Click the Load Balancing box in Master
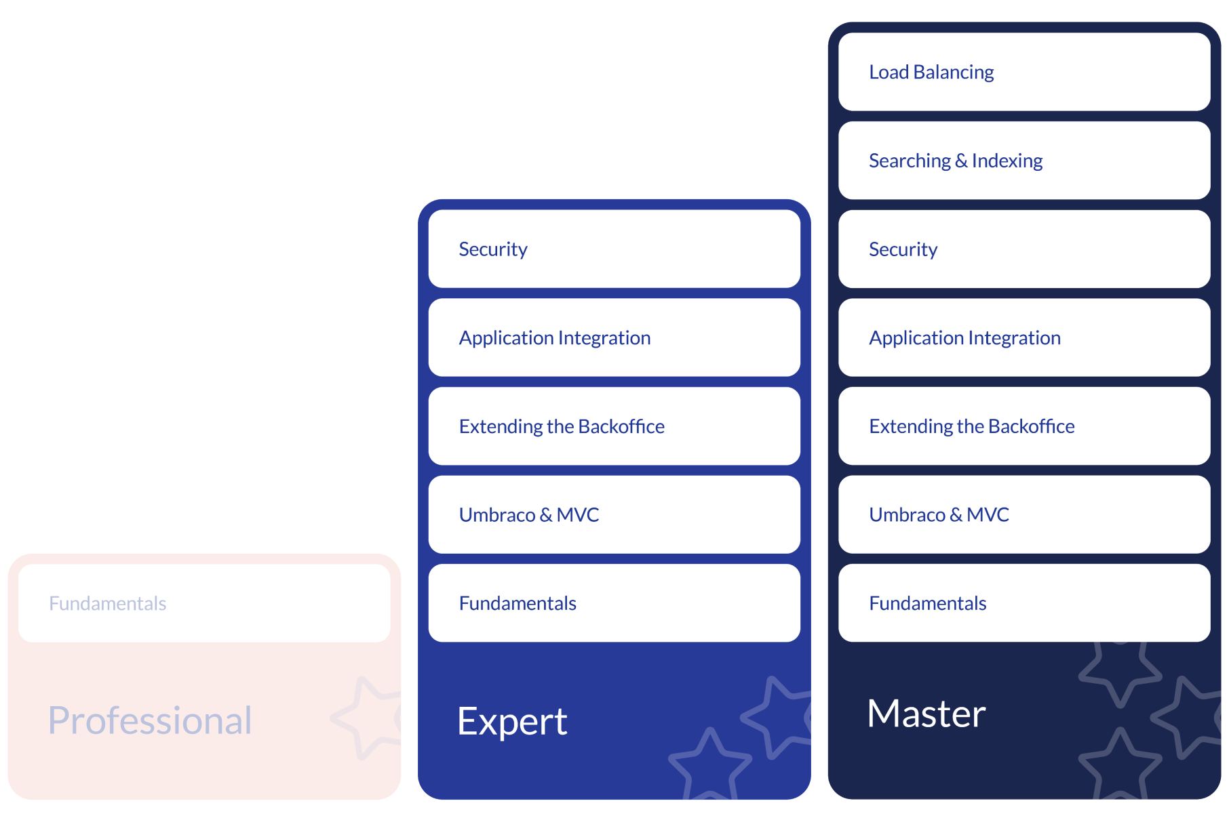[1023, 72]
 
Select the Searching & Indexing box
[1023, 161]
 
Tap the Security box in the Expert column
[614, 249]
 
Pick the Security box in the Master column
[1023, 249]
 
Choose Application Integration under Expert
[614, 337]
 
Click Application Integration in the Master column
[1023, 337]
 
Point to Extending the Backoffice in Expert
[614, 426]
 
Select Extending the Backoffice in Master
[1023, 426]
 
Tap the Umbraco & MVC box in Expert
[614, 514]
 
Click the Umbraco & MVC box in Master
[1023, 514]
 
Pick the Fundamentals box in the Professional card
[204, 603]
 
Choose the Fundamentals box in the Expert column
[614, 603]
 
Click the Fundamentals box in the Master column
[1023, 603]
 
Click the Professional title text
[150, 720]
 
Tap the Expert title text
[512, 721]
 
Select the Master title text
[926, 714]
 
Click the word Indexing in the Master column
[1007, 161]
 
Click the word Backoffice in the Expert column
[621, 426]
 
